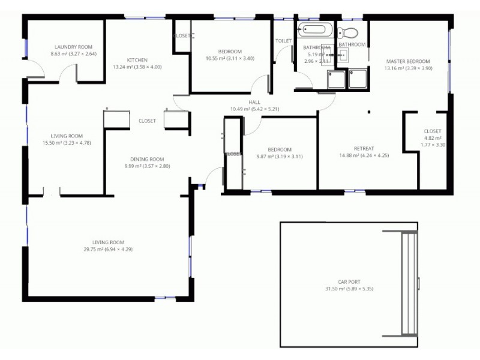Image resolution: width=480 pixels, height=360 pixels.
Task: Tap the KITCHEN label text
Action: tap(137, 59)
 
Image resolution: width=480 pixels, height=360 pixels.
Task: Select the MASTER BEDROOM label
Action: tap(408, 61)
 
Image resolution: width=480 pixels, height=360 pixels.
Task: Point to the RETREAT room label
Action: tap(364, 149)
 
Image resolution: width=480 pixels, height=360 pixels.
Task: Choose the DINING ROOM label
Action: tap(148, 159)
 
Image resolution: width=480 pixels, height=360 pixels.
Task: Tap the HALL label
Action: tap(254, 102)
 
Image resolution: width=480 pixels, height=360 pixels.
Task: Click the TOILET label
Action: tap(283, 41)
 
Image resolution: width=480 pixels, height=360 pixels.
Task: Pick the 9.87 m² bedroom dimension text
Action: tap(280, 156)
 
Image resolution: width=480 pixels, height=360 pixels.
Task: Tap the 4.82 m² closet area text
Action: tap(432, 138)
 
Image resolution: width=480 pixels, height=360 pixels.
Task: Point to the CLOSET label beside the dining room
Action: tap(147, 121)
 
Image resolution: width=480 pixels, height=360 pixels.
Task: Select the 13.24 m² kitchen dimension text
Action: tap(137, 67)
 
